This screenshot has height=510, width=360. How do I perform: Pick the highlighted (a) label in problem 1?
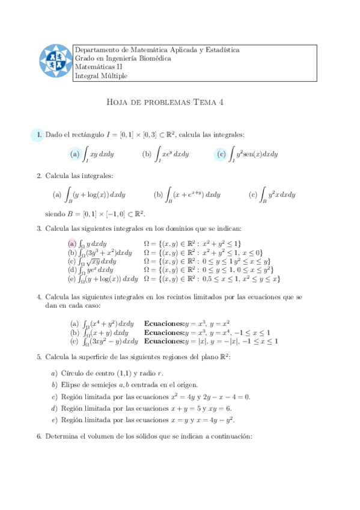click(x=75, y=155)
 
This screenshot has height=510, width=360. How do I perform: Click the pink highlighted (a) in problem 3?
click(x=72, y=244)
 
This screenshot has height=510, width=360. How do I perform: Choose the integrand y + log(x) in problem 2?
click(x=100, y=195)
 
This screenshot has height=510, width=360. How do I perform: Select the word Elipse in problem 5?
click(x=72, y=385)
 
